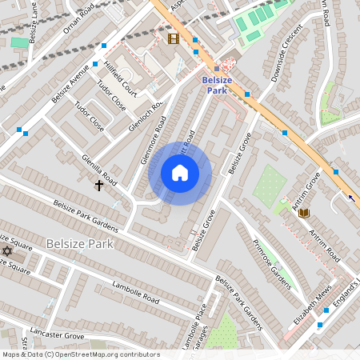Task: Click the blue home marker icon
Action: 180,173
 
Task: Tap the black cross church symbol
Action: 99,186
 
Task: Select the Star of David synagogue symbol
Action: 8,251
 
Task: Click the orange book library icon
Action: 303,212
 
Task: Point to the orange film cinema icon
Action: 174,38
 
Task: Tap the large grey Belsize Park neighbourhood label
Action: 80,242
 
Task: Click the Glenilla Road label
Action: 100,171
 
